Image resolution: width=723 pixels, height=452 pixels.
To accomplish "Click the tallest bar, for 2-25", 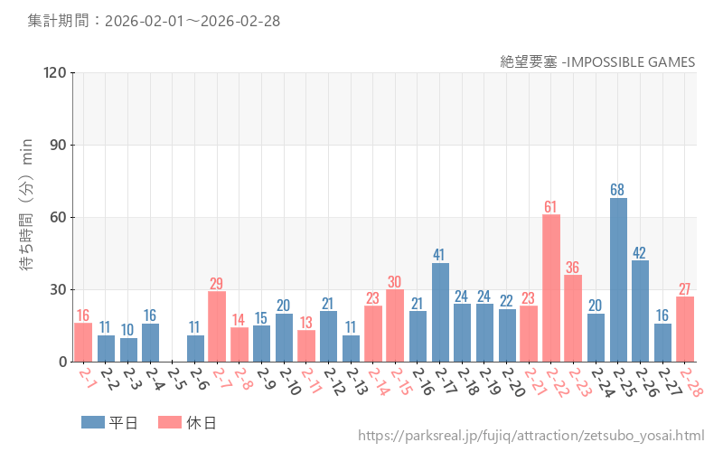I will [x=618, y=280].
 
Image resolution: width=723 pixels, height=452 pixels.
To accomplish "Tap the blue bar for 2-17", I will [x=440, y=312].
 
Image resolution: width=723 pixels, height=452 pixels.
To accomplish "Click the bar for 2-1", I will [x=83, y=343].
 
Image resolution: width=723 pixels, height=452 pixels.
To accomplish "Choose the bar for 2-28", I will [x=685, y=329].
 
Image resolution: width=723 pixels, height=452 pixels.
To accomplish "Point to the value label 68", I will [x=618, y=190].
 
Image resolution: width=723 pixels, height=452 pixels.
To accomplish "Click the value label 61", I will [x=551, y=207].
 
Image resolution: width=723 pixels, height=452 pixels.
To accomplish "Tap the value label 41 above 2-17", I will [x=440, y=255].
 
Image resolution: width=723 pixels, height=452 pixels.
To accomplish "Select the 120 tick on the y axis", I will [x=55, y=73].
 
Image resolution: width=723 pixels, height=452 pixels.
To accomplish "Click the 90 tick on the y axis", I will [x=59, y=146].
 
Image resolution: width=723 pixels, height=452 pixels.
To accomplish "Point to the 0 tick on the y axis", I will [x=62, y=362].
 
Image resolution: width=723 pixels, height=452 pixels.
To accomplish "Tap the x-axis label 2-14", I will [x=376, y=381].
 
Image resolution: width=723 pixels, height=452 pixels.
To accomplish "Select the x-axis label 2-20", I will [x=510, y=381].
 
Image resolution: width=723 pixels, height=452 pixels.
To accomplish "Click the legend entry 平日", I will [x=108, y=422].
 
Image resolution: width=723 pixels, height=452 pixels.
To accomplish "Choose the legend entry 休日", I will [x=187, y=422].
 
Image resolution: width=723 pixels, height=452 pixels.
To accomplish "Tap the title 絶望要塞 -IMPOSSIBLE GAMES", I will [x=597, y=61].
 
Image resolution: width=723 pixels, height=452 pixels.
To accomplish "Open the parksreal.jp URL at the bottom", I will [x=531, y=437].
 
